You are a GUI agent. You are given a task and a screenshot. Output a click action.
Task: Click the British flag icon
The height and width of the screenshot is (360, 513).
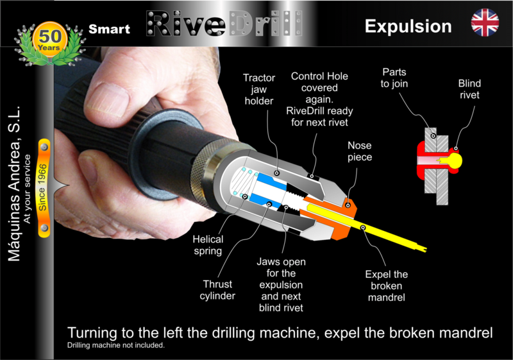pyautogui.click(x=485, y=22)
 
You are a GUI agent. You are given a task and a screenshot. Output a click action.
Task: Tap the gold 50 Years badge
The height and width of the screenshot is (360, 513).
pyautogui.click(x=50, y=39)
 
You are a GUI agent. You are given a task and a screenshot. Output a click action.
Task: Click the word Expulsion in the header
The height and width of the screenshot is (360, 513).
pyautogui.click(x=408, y=26)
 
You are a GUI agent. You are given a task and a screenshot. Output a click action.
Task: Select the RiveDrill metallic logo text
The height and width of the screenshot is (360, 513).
pyautogui.click(x=224, y=23)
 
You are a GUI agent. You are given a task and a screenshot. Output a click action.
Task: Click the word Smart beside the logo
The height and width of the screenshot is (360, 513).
pyautogui.click(x=109, y=29)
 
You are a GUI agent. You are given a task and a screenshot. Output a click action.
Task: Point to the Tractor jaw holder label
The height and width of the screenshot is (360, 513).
pyautogui.click(x=259, y=89)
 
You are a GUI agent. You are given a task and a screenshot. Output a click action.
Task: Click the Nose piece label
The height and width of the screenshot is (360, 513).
pyautogui.click(x=360, y=151)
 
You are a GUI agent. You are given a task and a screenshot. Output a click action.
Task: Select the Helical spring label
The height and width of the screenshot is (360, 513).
pyautogui.click(x=208, y=245)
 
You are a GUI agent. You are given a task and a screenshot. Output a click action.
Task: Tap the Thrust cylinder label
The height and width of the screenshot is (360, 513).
pyautogui.click(x=217, y=289)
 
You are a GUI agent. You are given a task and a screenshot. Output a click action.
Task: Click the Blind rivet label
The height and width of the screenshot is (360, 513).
pyautogui.click(x=469, y=89)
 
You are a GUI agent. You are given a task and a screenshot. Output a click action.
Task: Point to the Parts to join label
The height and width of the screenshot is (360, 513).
pyautogui.click(x=394, y=78)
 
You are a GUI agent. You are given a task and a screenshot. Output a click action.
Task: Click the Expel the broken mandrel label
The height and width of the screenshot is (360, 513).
pyautogui.click(x=387, y=286)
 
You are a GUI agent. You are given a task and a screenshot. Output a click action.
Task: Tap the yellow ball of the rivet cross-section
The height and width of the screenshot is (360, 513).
pyautogui.click(x=455, y=160)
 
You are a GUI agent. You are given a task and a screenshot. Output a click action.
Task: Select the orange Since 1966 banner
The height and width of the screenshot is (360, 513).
pyautogui.click(x=44, y=188)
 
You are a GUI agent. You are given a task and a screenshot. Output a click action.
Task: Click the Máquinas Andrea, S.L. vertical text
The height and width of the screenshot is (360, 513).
pyautogui.click(x=14, y=184)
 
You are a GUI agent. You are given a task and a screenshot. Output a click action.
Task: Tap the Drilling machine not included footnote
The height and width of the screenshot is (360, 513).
pyautogui.click(x=116, y=345)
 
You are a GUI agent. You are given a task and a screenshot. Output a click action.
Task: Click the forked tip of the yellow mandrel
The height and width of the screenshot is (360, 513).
pyautogui.click(x=424, y=249)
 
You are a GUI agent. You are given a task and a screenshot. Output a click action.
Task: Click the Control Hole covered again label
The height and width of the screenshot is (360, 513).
pyautogui.click(x=319, y=99)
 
